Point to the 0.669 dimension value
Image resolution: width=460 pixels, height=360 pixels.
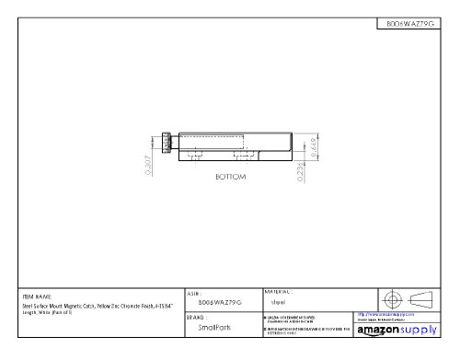coord(314,145)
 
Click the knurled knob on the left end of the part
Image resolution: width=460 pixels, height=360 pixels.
coord(167,143)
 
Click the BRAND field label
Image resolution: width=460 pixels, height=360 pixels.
coord(197,317)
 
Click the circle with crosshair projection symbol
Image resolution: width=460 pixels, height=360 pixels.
coord(392,300)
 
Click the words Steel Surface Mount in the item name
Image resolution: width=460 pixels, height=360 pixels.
coord(48,306)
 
